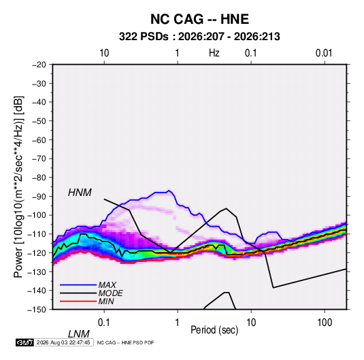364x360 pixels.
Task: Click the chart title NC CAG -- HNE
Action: coord(199,19)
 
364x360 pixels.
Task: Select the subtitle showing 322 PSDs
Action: coord(199,37)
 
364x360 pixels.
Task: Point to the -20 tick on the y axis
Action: coord(39,65)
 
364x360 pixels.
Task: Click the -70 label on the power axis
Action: coord(39,159)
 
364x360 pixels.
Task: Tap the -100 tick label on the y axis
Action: coord(37,215)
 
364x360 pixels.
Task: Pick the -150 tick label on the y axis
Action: coord(37,310)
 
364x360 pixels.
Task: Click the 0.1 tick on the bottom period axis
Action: coord(104,323)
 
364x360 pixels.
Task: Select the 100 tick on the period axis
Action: coord(325,323)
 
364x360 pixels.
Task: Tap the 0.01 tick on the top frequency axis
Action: coord(324,53)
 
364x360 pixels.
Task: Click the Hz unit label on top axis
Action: coord(214,53)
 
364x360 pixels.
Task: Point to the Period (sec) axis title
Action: coord(214,330)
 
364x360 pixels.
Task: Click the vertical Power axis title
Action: coord(18,187)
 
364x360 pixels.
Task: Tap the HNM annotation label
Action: coord(80,193)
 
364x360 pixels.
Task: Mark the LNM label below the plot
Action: coord(79,334)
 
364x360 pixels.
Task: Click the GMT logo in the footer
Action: coord(24,342)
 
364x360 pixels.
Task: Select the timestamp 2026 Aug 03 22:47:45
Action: coord(63,342)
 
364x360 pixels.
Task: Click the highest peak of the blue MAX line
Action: coord(169,191)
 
